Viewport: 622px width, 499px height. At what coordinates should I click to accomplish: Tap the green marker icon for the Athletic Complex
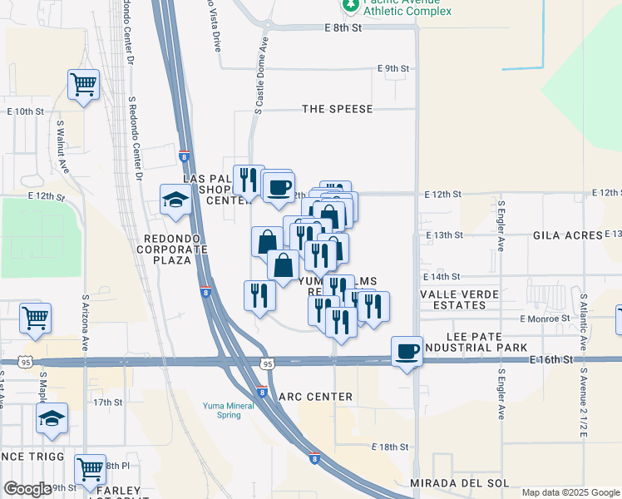350,4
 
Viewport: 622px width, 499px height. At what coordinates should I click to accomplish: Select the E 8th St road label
344,27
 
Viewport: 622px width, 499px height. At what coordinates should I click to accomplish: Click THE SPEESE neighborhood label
337,109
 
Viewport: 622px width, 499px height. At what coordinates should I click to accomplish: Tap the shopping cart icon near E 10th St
83,84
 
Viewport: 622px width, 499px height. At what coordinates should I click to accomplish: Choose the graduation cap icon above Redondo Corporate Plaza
175,200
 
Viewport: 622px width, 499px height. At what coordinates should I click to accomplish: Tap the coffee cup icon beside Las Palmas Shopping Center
279,185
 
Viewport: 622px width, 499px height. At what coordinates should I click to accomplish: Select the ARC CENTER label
316,397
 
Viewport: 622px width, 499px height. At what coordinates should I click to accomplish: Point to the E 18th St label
390,447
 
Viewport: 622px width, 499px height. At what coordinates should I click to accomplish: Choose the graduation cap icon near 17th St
52,421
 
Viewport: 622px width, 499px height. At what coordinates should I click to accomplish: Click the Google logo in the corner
27,489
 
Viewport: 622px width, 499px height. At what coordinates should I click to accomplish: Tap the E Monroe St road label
545,318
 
